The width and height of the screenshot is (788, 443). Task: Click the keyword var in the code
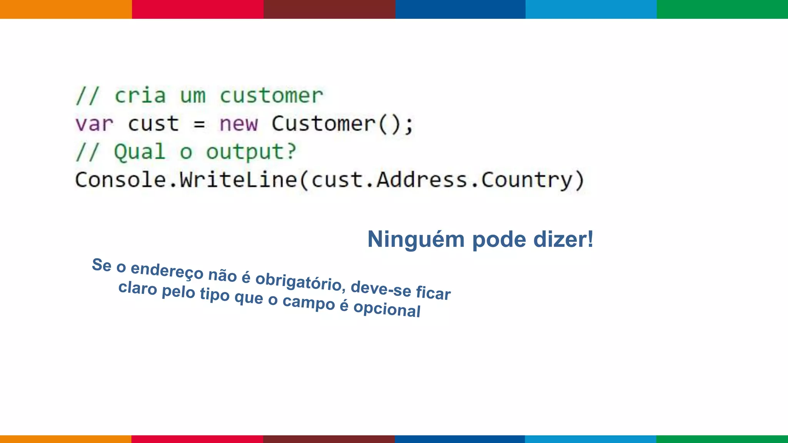click(x=94, y=124)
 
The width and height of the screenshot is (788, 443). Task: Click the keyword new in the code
click(x=239, y=124)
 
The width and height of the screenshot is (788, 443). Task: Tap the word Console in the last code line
click(x=120, y=180)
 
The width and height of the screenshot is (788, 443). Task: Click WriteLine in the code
click(x=239, y=180)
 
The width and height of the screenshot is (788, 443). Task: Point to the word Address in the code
click(x=421, y=180)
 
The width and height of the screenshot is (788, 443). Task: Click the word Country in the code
click(x=527, y=180)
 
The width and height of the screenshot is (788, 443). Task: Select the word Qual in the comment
click(x=140, y=152)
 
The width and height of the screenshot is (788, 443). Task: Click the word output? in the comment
click(x=251, y=152)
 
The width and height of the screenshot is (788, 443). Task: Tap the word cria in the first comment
click(x=140, y=96)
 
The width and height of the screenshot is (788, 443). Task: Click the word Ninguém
click(x=416, y=240)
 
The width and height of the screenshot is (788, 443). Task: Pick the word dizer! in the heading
click(x=563, y=240)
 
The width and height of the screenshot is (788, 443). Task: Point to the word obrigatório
click(x=299, y=281)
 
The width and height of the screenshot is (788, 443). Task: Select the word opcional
click(x=387, y=309)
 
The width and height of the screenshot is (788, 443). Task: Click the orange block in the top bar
click(x=66, y=9)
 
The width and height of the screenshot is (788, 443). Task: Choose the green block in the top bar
click(x=722, y=9)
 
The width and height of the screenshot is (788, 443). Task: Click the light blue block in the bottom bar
click(x=591, y=439)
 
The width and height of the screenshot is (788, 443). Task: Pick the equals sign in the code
click(x=199, y=124)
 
